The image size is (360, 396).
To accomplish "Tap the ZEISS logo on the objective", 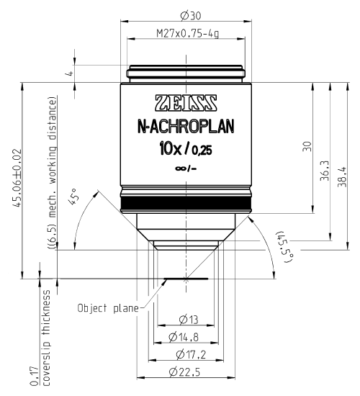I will coord(186,101).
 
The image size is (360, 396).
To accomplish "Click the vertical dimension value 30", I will coord(306,146).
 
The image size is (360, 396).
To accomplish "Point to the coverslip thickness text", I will coord(48,338).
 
